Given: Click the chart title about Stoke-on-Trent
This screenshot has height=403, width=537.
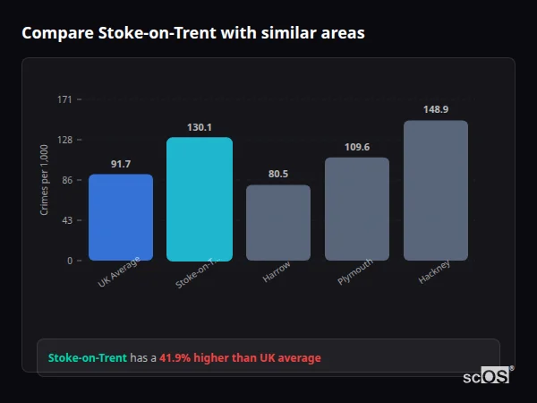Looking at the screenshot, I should [x=192, y=33].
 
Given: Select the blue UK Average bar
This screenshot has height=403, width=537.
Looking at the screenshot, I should [x=121, y=218].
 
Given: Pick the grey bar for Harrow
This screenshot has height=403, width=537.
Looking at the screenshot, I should [x=278, y=223].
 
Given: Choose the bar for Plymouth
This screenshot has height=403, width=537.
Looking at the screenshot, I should [x=357, y=210].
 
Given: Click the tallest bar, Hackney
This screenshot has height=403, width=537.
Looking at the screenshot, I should [x=436, y=191].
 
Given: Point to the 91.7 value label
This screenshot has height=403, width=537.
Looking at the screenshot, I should [x=121, y=164].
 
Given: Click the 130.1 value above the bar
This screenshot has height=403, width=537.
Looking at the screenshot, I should [x=200, y=127].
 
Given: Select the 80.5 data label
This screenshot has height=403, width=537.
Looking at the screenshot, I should [x=278, y=175].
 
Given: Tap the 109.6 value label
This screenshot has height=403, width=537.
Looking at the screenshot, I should [x=357, y=147].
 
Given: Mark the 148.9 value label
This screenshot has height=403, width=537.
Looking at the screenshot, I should [x=436, y=109].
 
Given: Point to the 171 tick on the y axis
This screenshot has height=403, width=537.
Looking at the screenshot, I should [x=64, y=99].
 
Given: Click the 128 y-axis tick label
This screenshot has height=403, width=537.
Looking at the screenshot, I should [x=64, y=140].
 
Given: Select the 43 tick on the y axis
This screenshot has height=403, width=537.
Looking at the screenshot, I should [x=67, y=220].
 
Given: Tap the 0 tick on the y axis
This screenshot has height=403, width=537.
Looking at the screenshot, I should [x=69, y=261].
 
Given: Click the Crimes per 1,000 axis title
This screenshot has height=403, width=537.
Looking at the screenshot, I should [x=44, y=180].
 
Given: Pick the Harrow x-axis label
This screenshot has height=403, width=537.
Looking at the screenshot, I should [x=277, y=272].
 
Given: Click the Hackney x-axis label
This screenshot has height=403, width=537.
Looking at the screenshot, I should [x=434, y=272].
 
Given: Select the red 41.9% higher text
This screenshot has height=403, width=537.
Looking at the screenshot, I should [x=240, y=358].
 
